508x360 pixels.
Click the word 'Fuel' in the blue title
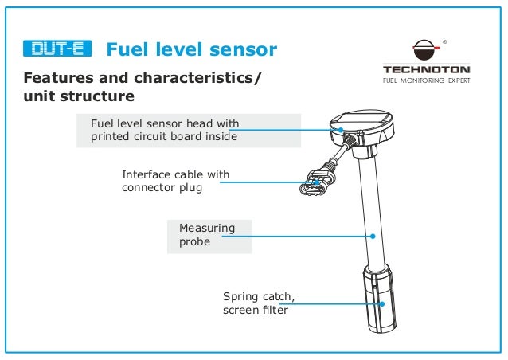[x=130, y=50]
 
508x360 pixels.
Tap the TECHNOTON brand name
[x=427, y=69]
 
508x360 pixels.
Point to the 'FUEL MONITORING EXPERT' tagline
[x=427, y=80]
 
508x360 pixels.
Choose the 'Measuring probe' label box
[x=207, y=234]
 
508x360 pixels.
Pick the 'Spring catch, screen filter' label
[x=259, y=303]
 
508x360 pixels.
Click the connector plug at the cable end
[x=312, y=185]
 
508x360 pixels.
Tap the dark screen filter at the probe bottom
[x=377, y=303]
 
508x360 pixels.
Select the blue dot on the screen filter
[x=381, y=303]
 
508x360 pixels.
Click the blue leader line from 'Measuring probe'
[x=311, y=235]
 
